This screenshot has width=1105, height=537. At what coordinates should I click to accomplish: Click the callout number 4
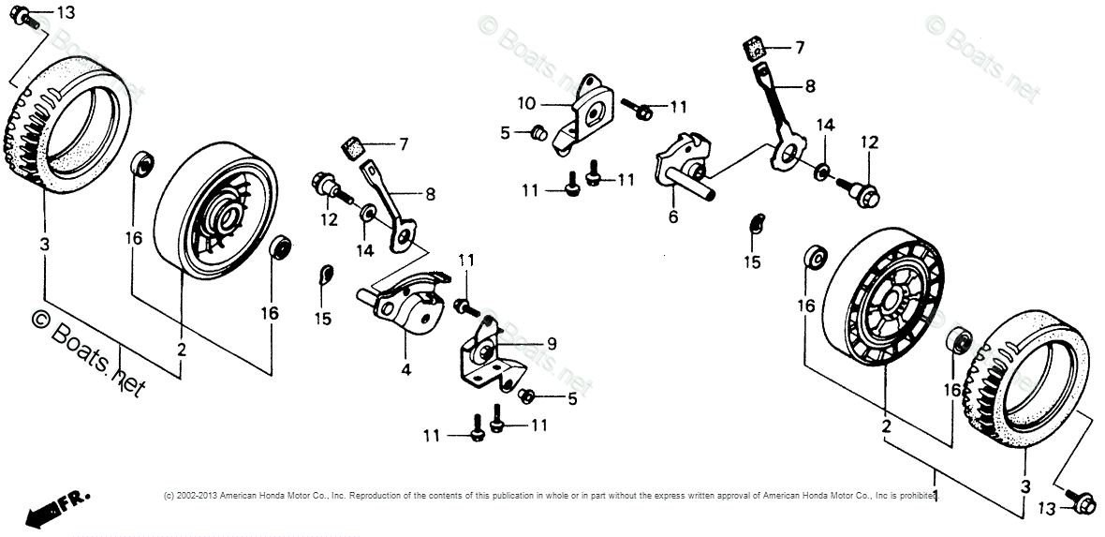pos(405,369)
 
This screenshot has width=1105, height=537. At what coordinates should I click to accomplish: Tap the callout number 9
pos(552,344)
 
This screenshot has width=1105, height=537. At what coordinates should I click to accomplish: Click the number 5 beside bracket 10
pos(505,133)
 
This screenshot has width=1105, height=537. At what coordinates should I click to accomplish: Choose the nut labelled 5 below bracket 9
pos(527,395)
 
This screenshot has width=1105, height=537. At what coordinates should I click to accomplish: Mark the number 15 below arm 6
pos(754,262)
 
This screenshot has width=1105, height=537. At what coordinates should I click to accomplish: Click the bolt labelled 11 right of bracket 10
pos(643,111)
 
